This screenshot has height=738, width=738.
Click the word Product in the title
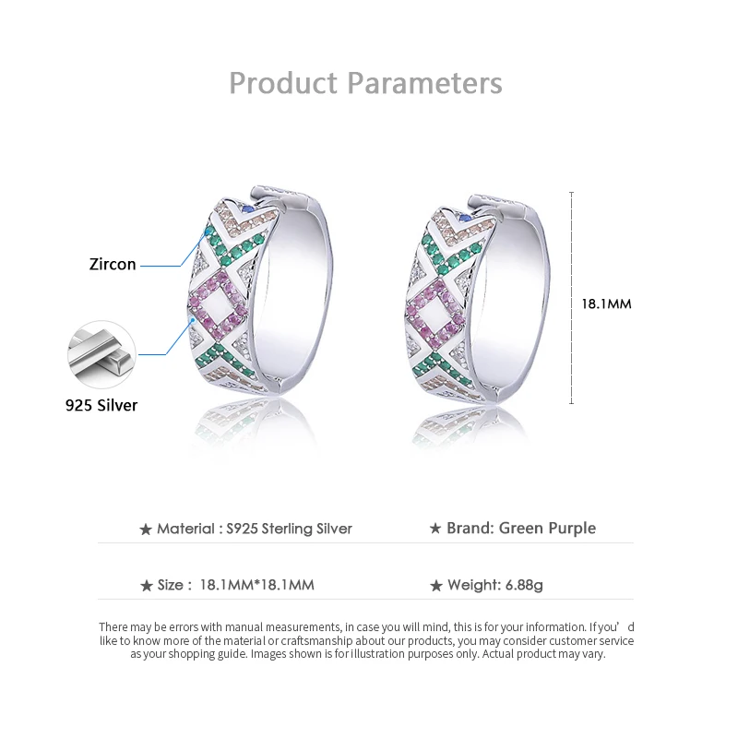click(x=283, y=83)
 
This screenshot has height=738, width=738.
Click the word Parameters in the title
click(x=424, y=83)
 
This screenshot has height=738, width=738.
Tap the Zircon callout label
click(x=113, y=265)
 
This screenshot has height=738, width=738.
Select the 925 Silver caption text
click(x=101, y=405)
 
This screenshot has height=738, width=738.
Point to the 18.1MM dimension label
click(x=606, y=304)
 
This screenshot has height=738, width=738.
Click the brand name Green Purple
click(x=547, y=529)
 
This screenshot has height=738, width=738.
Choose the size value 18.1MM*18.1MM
click(x=256, y=586)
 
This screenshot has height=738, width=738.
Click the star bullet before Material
click(x=145, y=530)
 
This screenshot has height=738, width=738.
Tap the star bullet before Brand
click(x=435, y=530)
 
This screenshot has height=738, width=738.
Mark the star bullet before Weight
click(x=435, y=586)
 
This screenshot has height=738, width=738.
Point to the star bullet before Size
click(x=146, y=586)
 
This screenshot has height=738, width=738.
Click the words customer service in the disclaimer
click(x=592, y=640)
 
